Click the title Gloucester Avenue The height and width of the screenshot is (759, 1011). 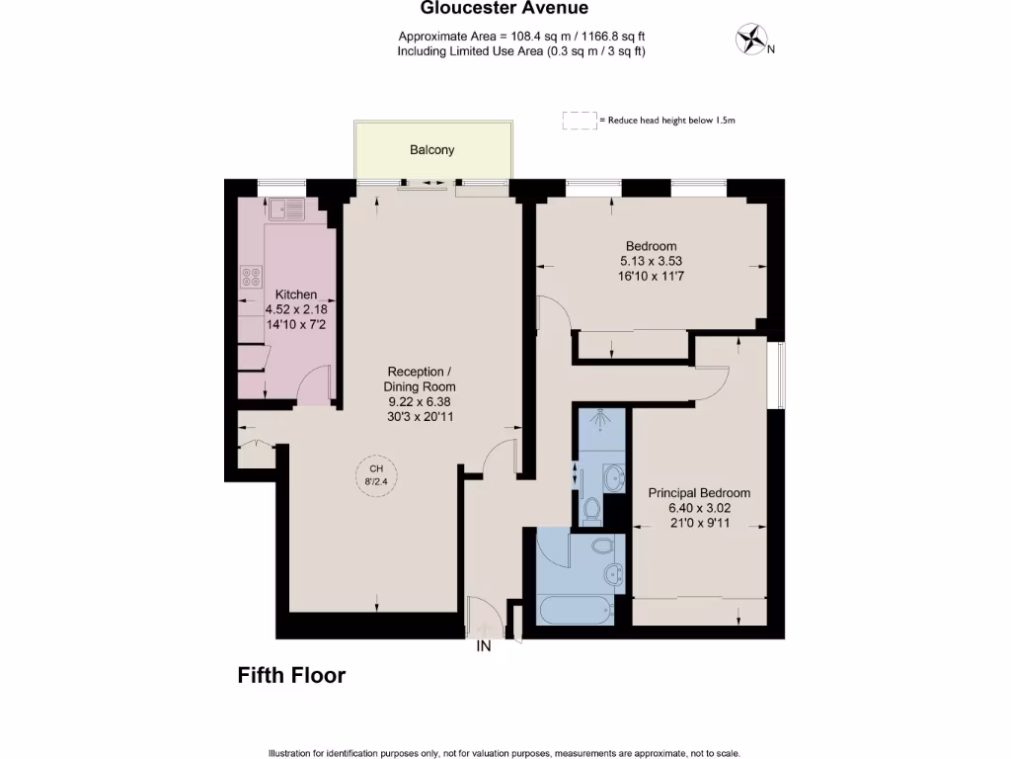click(505, 9)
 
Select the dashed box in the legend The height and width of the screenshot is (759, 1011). click(580, 121)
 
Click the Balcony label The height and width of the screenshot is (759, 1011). click(432, 150)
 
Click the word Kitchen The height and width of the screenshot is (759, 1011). click(295, 295)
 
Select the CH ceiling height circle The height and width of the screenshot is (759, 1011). click(374, 475)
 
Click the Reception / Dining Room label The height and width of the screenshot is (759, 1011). click(420, 379)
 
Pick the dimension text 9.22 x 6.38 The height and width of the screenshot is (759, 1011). click(420, 402)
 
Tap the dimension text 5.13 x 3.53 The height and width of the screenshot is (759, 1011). click(651, 262)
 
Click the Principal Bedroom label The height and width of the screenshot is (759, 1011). click(698, 493)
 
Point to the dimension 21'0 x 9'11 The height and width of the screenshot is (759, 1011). click(698, 523)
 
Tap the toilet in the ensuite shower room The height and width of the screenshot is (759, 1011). click(592, 509)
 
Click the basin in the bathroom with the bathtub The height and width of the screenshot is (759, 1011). click(612, 572)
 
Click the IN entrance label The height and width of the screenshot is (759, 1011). click(484, 647)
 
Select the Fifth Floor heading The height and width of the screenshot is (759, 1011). click(291, 676)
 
